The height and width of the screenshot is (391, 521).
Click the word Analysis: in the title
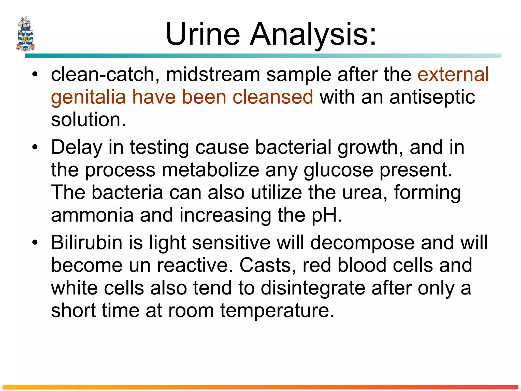point(313,34)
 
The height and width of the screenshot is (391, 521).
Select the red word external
point(453,74)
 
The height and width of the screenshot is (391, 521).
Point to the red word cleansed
point(273,97)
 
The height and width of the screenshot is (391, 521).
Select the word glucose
point(338,170)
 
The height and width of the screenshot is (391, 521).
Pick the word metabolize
point(210,170)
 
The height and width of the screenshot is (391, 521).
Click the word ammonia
point(92,215)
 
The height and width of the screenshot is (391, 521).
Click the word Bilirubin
point(86,242)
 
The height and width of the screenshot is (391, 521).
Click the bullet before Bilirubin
point(35,242)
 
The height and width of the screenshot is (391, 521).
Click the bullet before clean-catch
point(35,74)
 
